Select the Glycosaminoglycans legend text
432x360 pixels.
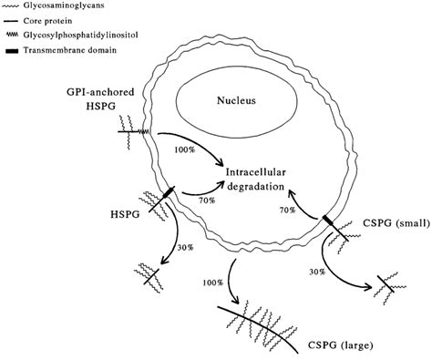pos(70,5)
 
